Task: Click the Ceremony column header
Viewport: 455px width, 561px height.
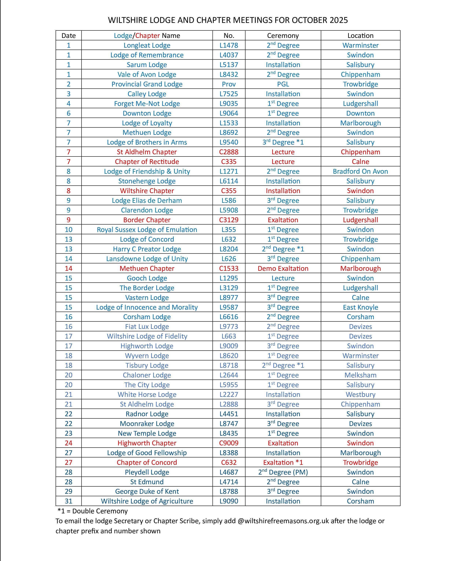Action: [283, 36]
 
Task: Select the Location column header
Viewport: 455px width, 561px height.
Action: [360, 36]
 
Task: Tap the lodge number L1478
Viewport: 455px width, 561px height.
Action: [229, 45]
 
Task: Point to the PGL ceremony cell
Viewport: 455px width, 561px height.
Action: [283, 84]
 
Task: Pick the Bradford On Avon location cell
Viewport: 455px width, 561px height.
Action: [360, 171]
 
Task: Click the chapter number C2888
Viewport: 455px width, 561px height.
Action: [229, 152]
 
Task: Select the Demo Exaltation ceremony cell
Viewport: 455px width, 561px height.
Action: [283, 268]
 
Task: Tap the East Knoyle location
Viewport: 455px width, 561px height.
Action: [360, 307]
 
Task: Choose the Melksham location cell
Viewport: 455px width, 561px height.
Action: [360, 375]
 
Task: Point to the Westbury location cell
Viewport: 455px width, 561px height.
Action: [360, 394]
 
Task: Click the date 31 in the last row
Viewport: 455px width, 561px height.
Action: [68, 501]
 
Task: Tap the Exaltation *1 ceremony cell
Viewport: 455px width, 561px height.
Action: [283, 462]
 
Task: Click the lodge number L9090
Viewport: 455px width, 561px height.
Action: [229, 501]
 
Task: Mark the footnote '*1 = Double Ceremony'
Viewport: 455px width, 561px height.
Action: [92, 511]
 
